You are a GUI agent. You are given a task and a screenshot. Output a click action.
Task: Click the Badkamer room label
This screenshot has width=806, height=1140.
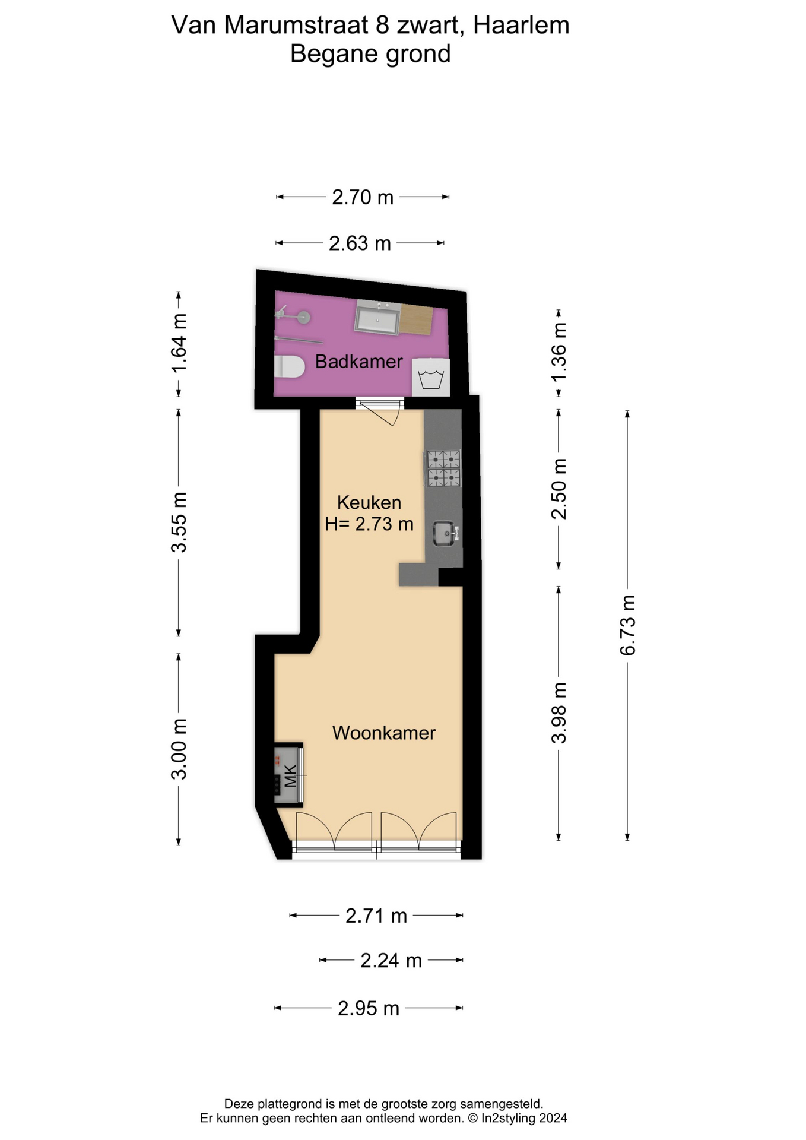click(x=358, y=361)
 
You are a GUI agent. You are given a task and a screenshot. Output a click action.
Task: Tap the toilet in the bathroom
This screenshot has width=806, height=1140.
click(x=289, y=367)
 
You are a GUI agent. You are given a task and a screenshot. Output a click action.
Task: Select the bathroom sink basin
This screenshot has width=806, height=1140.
click(x=377, y=318)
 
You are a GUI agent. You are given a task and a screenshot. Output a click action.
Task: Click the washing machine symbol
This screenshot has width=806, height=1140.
click(x=431, y=378)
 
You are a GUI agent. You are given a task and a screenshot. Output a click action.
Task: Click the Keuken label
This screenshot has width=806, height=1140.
click(x=369, y=502)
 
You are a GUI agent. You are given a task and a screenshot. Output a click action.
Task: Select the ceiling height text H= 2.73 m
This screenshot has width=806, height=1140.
click(x=369, y=524)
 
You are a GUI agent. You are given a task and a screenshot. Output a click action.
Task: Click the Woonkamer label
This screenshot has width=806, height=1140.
click(x=384, y=733)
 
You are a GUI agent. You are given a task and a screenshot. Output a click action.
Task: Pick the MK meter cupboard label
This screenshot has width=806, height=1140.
click(x=290, y=776)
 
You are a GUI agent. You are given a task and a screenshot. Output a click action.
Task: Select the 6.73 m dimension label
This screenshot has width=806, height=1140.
click(x=627, y=625)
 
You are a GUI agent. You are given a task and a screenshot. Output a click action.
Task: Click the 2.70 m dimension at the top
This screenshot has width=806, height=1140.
click(x=363, y=197)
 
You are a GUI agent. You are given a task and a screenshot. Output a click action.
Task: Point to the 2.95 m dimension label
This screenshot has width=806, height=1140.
click(x=369, y=1008)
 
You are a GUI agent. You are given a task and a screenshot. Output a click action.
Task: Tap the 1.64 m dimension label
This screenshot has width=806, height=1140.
click(x=179, y=343)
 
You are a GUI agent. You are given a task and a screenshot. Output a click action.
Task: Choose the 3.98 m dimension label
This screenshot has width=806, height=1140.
click(x=559, y=712)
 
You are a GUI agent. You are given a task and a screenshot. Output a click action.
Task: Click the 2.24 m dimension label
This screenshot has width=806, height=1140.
click(x=391, y=960)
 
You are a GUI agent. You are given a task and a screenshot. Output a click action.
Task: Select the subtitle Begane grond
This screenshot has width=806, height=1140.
click(x=370, y=54)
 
